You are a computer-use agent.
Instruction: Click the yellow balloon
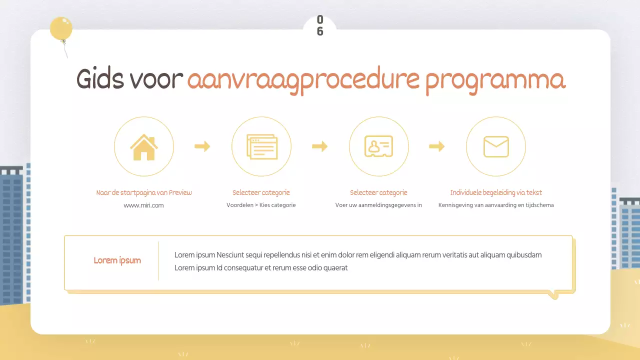click(61, 28)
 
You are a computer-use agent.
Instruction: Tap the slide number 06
click(320, 25)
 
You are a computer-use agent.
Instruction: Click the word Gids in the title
click(102, 80)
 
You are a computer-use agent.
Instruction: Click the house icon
click(144, 147)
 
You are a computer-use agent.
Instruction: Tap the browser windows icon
click(261, 147)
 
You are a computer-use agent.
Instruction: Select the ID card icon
click(378, 147)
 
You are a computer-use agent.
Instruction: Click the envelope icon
click(496, 147)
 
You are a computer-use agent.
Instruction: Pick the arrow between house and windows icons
click(202, 146)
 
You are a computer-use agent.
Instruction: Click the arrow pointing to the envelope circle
click(437, 146)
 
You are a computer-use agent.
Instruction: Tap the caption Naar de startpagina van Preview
click(144, 192)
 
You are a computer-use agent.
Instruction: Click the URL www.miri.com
click(144, 205)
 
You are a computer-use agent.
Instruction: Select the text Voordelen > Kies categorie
click(261, 205)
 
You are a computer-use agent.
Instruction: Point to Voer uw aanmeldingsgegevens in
click(378, 205)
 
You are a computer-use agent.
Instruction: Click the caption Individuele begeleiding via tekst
click(496, 192)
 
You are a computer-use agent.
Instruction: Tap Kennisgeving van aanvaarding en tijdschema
click(496, 205)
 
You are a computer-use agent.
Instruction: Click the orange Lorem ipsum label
click(117, 260)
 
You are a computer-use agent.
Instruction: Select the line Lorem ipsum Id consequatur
click(261, 268)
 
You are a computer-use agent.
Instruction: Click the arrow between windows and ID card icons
click(320, 146)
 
